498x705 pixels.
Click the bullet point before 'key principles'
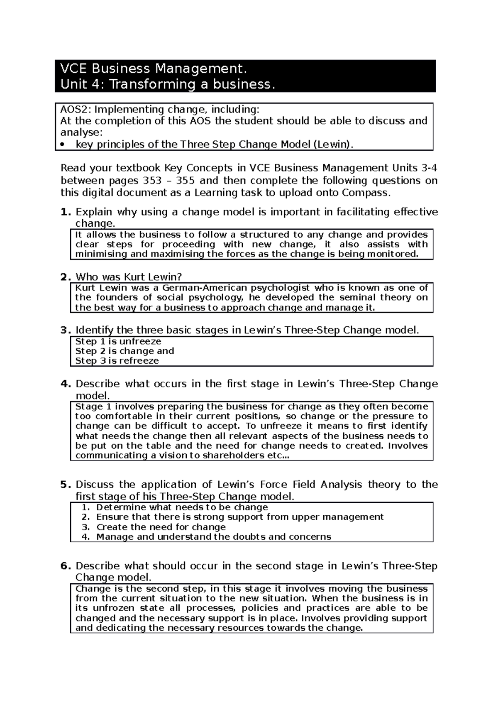pos(63,145)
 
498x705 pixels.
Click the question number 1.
pos(64,212)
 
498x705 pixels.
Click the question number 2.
pos(64,277)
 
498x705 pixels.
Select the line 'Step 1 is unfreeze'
pos(118,341)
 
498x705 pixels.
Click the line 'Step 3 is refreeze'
pos(117,361)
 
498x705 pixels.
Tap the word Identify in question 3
pos(95,330)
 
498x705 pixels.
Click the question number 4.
pos(65,384)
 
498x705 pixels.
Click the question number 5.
pos(64,485)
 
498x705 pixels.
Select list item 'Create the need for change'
pos(161,527)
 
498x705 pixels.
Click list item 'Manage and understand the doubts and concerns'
pos(214,537)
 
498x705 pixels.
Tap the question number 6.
pos(65,566)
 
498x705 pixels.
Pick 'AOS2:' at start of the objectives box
pos(76,110)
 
